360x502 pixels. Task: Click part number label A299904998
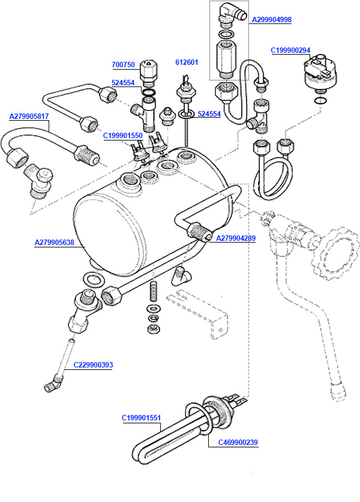(x=271, y=20)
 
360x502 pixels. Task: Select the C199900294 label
(x=290, y=50)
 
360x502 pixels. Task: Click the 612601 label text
(x=187, y=62)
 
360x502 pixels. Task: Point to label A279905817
(x=29, y=116)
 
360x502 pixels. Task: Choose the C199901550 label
(x=122, y=136)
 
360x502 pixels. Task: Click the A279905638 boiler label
(x=54, y=243)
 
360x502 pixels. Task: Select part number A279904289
(x=236, y=238)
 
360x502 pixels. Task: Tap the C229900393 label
(x=93, y=364)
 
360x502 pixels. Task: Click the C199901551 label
(x=142, y=417)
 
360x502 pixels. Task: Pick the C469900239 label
(x=238, y=443)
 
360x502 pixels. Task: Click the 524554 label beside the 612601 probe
(x=209, y=113)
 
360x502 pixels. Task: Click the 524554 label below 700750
(x=123, y=83)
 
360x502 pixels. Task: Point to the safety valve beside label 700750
(x=148, y=73)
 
